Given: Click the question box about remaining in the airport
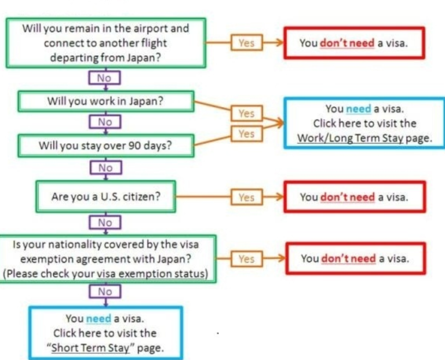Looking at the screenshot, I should pyautogui.click(x=105, y=43).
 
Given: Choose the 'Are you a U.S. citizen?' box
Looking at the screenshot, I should pyautogui.click(x=105, y=197).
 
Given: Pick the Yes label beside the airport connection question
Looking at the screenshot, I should pyautogui.click(x=246, y=43).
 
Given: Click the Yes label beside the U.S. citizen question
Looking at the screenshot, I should pyautogui.click(x=246, y=197).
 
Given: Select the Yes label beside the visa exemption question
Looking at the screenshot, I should pyautogui.click(x=246, y=259).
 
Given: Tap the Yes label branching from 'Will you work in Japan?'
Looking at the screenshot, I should pyautogui.click(x=246, y=113).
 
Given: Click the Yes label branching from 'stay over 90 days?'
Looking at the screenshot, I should pyautogui.click(x=246, y=134).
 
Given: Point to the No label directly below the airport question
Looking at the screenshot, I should pyautogui.click(x=105, y=78).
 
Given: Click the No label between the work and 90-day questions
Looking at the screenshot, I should pyautogui.click(x=105, y=122).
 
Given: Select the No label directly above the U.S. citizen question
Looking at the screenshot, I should pyautogui.click(x=105, y=168).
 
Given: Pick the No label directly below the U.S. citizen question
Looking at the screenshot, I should pyautogui.click(x=105, y=223).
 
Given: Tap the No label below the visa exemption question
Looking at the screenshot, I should pyautogui.click(x=105, y=292).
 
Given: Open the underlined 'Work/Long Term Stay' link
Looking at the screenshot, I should pyautogui.click(x=350, y=139).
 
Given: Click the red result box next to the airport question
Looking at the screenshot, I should pyautogui.click(x=353, y=43).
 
